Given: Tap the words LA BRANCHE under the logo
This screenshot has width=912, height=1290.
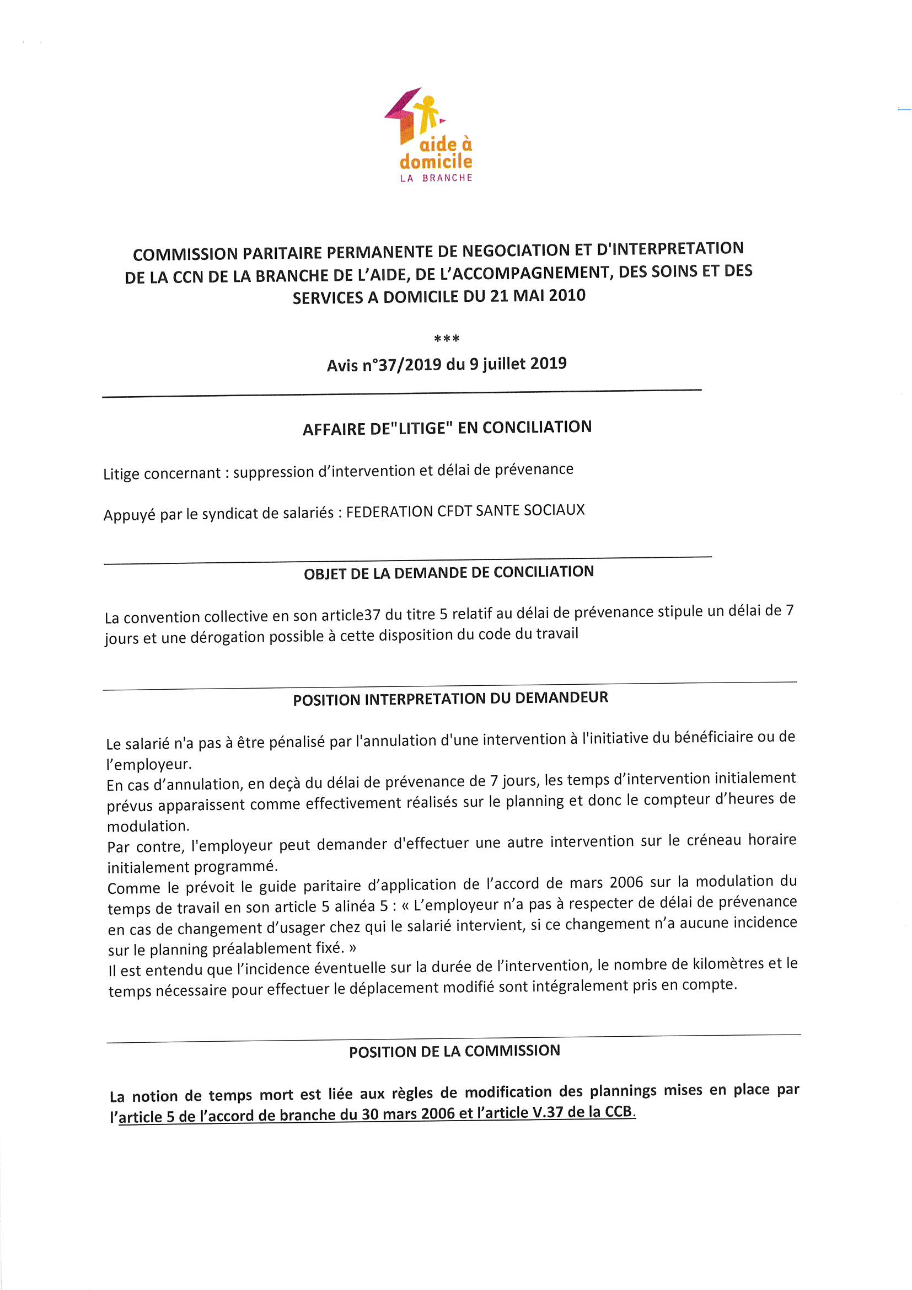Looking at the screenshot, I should point(436,178).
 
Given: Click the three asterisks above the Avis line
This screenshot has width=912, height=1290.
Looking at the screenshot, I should point(447,339).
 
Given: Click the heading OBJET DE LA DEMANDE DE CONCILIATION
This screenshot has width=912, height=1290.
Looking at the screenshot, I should point(449,573).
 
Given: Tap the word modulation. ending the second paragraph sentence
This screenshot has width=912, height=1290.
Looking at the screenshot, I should point(148,826).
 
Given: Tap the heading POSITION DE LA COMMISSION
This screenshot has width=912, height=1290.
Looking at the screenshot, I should point(454,1051).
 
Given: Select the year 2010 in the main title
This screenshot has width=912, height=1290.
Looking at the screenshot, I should point(567,295).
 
